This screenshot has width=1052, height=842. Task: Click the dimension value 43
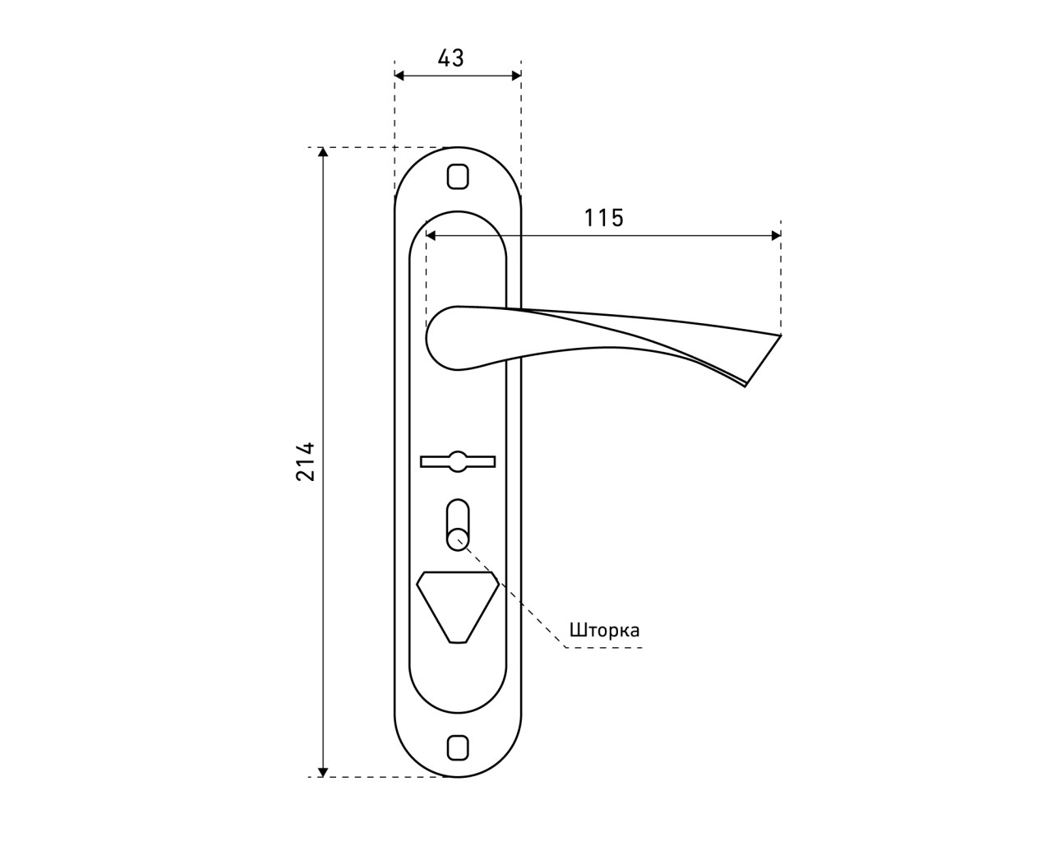pos(450,58)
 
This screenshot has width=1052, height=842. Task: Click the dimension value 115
pos(604,218)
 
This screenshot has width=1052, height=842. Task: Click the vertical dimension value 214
pos(306,462)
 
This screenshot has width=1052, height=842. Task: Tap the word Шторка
pos(604,630)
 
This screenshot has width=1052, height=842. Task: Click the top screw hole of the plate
pos(458,176)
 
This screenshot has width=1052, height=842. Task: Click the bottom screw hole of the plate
pos(458,761)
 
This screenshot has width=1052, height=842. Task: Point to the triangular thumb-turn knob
pos(458,607)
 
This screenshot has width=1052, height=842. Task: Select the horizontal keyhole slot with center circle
pos(458,461)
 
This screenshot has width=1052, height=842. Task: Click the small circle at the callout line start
pos(458,539)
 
